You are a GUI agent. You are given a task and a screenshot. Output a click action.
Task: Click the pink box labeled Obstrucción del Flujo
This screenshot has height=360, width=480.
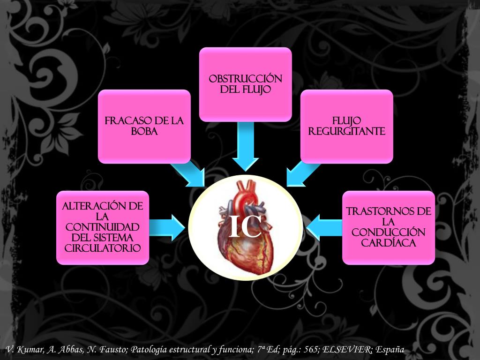pyautogui.click(x=246, y=84)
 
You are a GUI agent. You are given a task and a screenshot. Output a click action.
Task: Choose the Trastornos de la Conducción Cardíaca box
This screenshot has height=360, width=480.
pyautogui.click(x=389, y=227)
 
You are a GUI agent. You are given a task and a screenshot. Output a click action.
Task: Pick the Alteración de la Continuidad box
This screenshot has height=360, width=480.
pyautogui.click(x=103, y=227)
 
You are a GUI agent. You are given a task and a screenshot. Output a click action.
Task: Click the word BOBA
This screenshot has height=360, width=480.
pyautogui.click(x=144, y=132)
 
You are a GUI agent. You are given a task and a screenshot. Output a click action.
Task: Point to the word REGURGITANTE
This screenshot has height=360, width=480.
pyautogui.click(x=347, y=132)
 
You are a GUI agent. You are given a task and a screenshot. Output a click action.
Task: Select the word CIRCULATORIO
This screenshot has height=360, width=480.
pyautogui.click(x=103, y=248)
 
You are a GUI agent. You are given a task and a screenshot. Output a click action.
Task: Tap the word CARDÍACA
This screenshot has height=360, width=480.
pyautogui.click(x=389, y=243)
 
